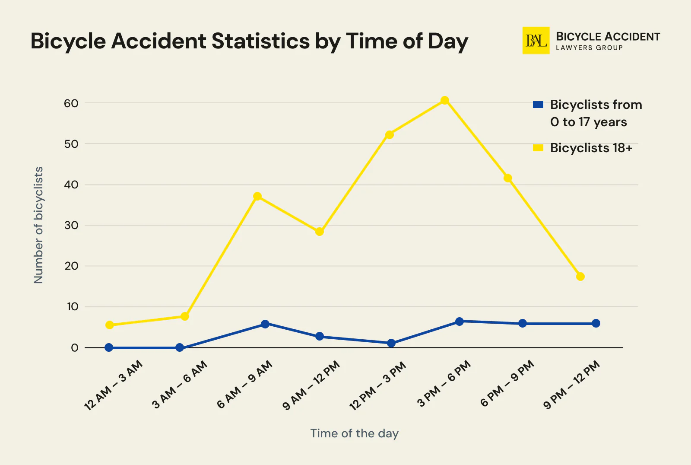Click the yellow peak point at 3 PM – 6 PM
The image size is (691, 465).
(445, 101)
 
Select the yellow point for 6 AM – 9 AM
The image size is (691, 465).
(257, 196)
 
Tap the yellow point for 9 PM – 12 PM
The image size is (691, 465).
(580, 277)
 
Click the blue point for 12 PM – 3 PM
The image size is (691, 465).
(391, 343)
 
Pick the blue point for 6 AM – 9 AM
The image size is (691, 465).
(265, 324)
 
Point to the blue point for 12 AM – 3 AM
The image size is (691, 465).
(109, 347)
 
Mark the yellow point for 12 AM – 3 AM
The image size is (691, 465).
(110, 325)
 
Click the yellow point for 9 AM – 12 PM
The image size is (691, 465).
(320, 232)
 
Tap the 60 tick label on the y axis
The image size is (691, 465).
(71, 103)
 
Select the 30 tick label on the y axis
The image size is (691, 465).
(71, 225)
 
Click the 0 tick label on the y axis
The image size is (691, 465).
(75, 348)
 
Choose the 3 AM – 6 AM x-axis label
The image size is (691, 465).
(180, 385)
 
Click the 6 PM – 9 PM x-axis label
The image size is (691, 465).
(507, 384)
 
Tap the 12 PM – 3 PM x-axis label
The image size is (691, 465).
(377, 385)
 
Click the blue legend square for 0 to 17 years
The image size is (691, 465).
(538, 105)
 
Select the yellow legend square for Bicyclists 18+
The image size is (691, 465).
(538, 148)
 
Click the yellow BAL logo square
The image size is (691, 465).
(536, 41)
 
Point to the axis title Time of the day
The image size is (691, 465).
(354, 433)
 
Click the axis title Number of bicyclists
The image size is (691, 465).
(39, 225)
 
